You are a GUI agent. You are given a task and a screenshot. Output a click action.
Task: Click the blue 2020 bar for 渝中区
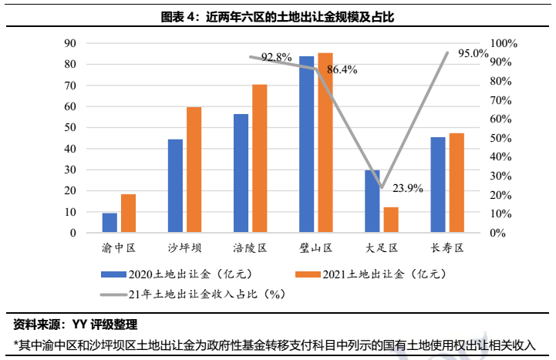coord(110,222)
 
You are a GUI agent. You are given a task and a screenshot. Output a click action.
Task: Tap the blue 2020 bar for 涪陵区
coord(241,173)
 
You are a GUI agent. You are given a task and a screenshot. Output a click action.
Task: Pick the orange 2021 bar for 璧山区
coord(325,143)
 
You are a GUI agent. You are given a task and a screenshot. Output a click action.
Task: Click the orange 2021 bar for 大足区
coord(391,220)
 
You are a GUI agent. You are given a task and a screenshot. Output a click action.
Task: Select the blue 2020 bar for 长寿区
coord(438,184)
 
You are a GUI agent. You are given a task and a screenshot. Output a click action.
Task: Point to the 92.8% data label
coord(276,57)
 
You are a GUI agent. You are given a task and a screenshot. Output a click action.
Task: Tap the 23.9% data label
coord(407,188)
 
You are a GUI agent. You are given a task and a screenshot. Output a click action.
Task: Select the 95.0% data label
coord(473,54)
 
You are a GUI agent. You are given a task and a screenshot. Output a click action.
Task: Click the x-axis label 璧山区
coord(316,248)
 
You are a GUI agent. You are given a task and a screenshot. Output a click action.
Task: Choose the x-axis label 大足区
coord(382,248)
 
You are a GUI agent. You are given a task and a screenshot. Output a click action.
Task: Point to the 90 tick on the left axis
coord(70,43)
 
